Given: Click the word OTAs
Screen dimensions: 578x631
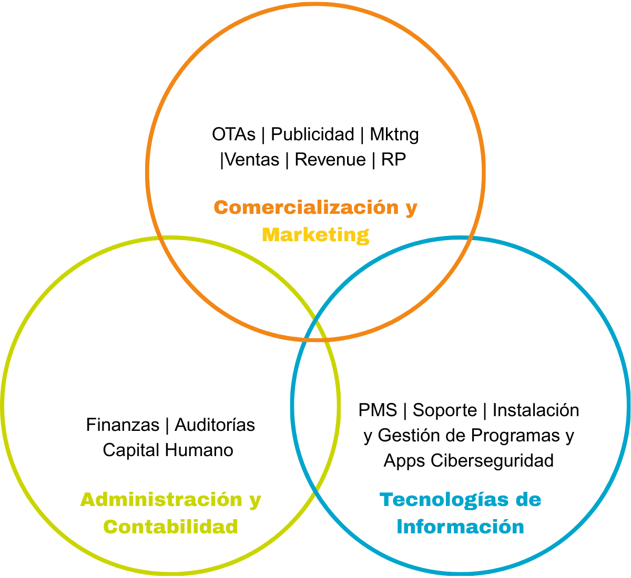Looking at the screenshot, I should pyautogui.click(x=233, y=135).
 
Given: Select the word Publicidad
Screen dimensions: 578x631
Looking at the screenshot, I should pyautogui.click(x=312, y=135).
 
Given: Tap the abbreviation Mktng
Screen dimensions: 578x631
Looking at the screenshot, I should pyautogui.click(x=394, y=135).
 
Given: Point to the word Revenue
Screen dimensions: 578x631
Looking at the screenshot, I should pyautogui.click(x=330, y=160).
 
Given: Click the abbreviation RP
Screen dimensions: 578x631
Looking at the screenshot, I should pyautogui.click(x=394, y=160).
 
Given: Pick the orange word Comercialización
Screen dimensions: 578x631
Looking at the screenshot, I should pyautogui.click(x=307, y=208).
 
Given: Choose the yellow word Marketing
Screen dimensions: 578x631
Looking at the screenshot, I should pyautogui.click(x=315, y=234).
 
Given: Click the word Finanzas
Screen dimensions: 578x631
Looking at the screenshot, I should pyautogui.click(x=123, y=425).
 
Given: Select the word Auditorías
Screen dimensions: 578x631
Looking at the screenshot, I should pyautogui.click(x=215, y=425).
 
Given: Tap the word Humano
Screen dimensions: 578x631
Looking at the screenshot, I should pyautogui.click(x=199, y=450).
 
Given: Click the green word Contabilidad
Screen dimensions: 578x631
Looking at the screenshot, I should pyautogui.click(x=170, y=527).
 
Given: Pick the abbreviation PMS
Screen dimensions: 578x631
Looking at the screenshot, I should pyautogui.click(x=378, y=410).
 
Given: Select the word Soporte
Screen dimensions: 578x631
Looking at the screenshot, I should pyautogui.click(x=444, y=410).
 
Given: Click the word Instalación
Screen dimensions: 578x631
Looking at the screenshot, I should pyautogui.click(x=535, y=410).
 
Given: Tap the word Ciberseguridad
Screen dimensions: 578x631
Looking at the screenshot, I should pyautogui.click(x=492, y=461).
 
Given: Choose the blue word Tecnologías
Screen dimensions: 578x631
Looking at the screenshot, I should pyautogui.click(x=444, y=500).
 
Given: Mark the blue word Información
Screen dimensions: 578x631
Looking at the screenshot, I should pyautogui.click(x=460, y=527).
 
